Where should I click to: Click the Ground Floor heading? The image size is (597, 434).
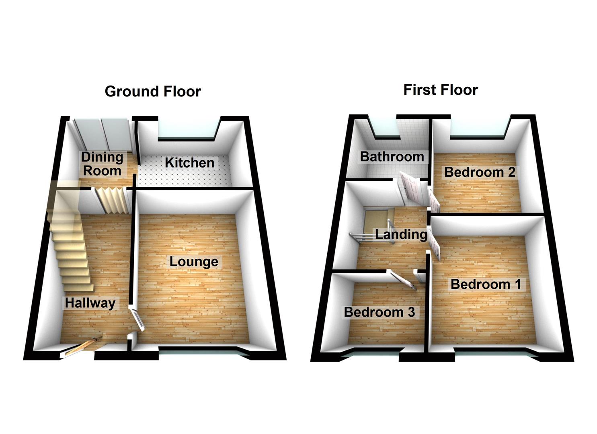tap(152, 92)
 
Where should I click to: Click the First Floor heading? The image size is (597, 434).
tap(440, 90)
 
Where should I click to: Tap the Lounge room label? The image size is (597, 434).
tap(194, 262)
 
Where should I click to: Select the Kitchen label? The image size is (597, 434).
tap(189, 163)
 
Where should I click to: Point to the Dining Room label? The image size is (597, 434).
tap(102, 164)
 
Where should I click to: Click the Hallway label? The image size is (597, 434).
tap(90, 303)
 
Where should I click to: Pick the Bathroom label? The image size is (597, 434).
tap(392, 156)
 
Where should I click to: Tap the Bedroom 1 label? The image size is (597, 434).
tap(485, 284)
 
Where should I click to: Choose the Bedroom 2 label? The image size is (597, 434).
tap(479, 172)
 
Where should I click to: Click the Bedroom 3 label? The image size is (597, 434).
tap(379, 312)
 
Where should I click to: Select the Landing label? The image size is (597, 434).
tap(401, 234)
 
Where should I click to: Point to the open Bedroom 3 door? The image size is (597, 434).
tap(402, 280)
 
